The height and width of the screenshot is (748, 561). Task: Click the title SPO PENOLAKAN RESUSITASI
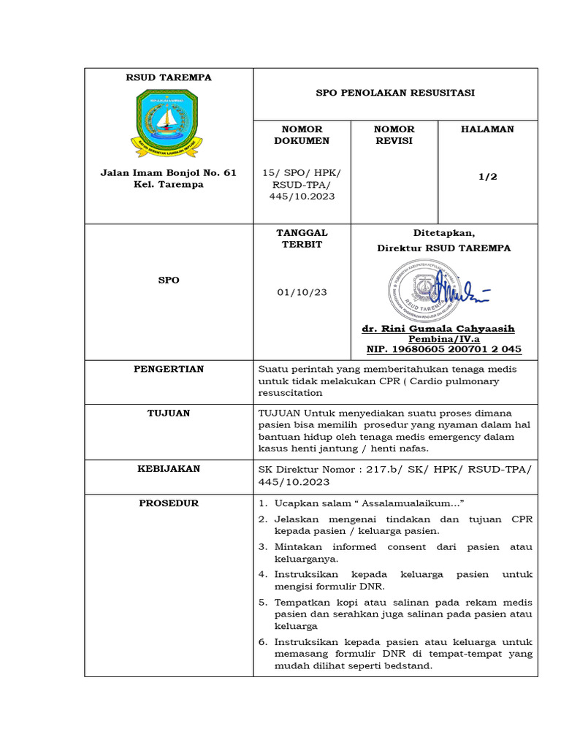tap(394, 93)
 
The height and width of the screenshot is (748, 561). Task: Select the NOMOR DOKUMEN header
tap(301, 135)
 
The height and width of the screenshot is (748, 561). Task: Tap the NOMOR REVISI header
tap(394, 135)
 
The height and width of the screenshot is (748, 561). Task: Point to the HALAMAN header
tap(487, 129)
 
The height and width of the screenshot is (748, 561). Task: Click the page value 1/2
tap(487, 177)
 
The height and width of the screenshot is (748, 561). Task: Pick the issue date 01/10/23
tap(302, 292)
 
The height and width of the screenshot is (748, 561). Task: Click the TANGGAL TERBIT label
tap(302, 239)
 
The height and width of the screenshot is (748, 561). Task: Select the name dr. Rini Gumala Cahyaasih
tap(443, 329)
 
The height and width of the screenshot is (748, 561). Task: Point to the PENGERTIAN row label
tap(168, 369)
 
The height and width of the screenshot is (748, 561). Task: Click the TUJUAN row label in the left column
tap(168, 413)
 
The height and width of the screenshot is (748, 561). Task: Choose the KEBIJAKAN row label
tap(168, 469)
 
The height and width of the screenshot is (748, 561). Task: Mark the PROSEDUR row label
tap(168, 503)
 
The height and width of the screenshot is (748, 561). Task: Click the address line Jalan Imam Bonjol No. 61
tap(168, 173)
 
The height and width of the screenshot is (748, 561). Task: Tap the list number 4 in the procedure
tap(263, 574)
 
